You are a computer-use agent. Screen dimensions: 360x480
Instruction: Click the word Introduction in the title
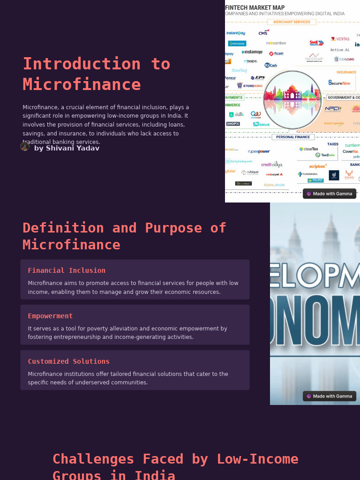(x=82, y=64)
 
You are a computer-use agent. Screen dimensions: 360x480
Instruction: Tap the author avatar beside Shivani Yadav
(x=25, y=147)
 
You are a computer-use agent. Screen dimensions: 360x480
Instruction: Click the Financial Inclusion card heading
(x=67, y=270)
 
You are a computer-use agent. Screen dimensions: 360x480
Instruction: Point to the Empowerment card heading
(x=50, y=316)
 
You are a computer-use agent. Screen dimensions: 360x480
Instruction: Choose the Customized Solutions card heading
(x=68, y=361)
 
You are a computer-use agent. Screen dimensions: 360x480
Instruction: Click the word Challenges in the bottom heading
(x=93, y=459)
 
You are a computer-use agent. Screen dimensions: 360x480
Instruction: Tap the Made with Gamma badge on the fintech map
(x=329, y=194)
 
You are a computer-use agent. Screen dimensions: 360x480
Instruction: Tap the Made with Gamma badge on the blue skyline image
(x=329, y=396)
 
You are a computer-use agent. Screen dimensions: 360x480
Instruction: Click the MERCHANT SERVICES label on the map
(x=292, y=22)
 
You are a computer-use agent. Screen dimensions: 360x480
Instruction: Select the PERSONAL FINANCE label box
(x=293, y=137)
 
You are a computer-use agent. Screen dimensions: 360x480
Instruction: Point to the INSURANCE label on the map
(x=346, y=72)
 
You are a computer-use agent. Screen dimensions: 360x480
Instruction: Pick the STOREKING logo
(x=250, y=86)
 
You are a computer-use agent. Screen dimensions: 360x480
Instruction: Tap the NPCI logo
(x=333, y=109)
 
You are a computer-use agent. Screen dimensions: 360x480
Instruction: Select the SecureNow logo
(x=339, y=83)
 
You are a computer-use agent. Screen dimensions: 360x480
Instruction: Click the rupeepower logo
(x=259, y=151)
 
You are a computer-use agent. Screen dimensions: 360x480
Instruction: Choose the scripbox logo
(x=318, y=166)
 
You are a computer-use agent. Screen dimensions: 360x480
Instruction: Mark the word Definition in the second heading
(x=63, y=228)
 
